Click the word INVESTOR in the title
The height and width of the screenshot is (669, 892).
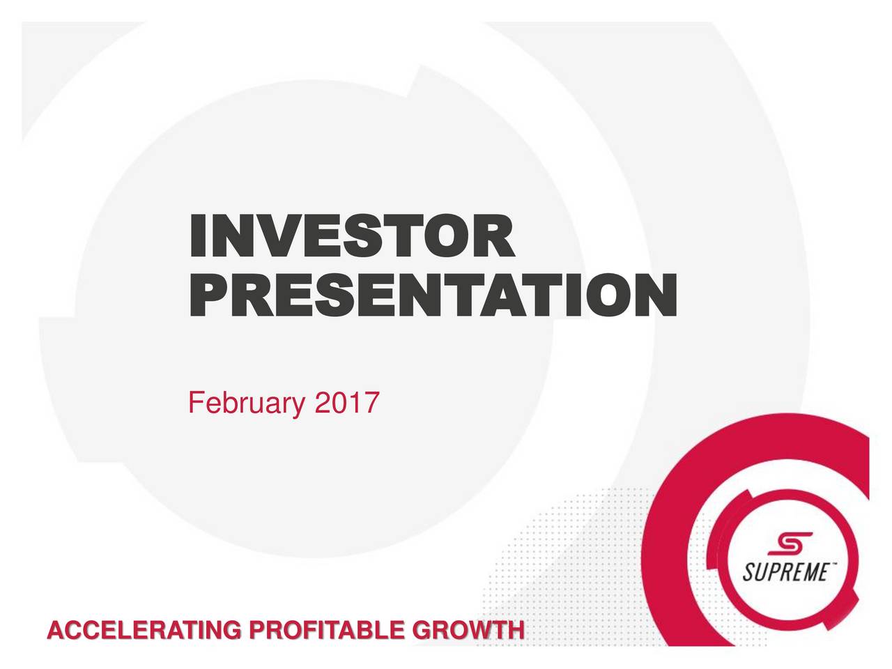pyautogui.click(x=353, y=236)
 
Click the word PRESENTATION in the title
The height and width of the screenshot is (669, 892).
pyautogui.click(x=433, y=295)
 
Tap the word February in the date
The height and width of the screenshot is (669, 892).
pyautogui.click(x=246, y=403)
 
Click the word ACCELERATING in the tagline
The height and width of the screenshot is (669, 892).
pyautogui.click(x=144, y=631)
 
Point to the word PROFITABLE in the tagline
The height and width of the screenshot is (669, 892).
pyautogui.click(x=327, y=631)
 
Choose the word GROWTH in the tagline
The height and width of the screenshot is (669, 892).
pyautogui.click(x=468, y=631)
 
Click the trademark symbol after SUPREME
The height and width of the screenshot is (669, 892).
pyautogui.click(x=831, y=564)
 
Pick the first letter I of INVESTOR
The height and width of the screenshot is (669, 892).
pyautogui.click(x=198, y=236)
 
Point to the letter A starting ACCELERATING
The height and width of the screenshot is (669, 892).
pyautogui.click(x=56, y=631)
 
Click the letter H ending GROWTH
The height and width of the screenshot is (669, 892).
pyautogui.click(x=516, y=631)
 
